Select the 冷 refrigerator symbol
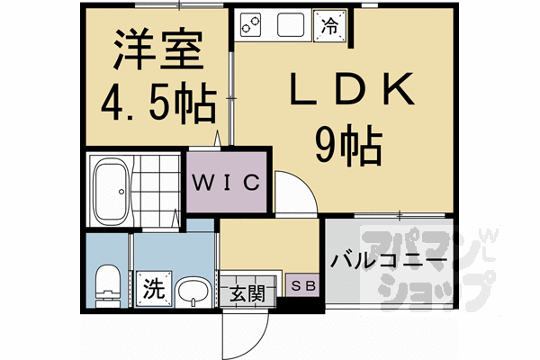[329, 26]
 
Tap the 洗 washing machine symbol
[152, 290]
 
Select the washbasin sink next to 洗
[190, 290]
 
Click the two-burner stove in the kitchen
[251, 24]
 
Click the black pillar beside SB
[288, 304]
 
